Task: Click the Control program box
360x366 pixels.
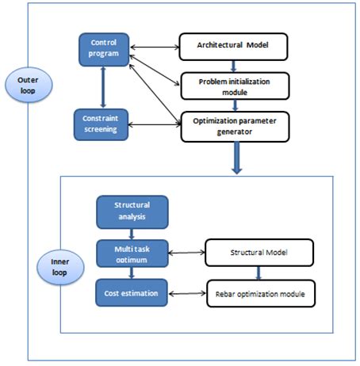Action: pyautogui.click(x=103, y=48)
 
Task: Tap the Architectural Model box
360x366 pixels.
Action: pyautogui.click(x=232, y=45)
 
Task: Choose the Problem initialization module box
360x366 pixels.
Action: pyautogui.click(x=232, y=85)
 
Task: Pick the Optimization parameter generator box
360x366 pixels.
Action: pyautogui.click(x=232, y=127)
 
